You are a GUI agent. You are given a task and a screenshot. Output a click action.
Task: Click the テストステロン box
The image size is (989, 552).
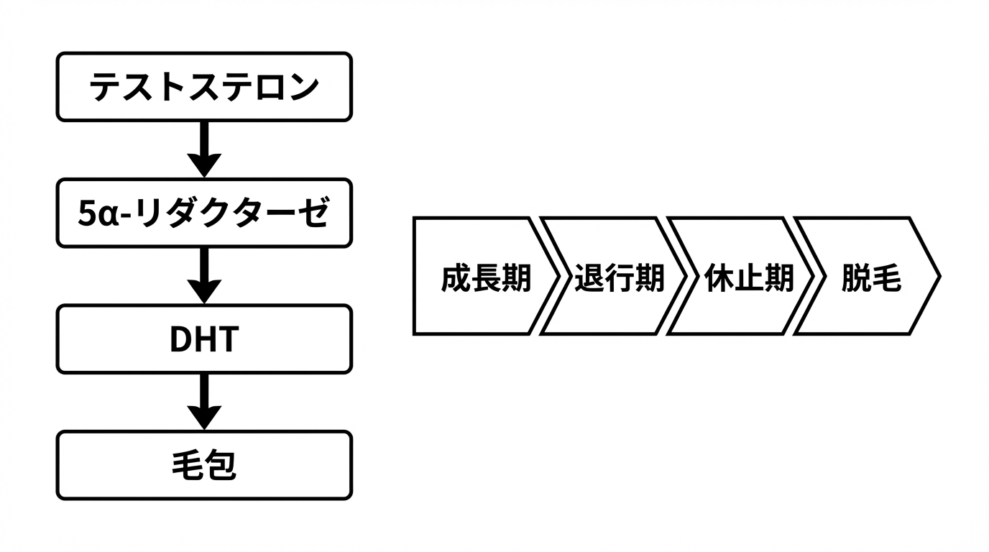[x=204, y=86]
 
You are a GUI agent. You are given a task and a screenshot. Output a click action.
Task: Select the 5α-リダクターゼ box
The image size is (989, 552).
[x=204, y=213]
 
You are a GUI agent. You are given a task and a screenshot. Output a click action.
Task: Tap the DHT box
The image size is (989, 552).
[x=204, y=339]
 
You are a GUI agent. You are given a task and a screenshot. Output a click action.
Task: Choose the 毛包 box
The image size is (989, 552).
[x=204, y=465]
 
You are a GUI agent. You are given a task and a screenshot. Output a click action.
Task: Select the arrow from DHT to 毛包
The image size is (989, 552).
[x=204, y=401]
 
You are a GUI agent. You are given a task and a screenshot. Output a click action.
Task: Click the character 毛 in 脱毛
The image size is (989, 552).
[x=887, y=278]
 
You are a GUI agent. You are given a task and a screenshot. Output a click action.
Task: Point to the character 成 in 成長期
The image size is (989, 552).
[x=456, y=278]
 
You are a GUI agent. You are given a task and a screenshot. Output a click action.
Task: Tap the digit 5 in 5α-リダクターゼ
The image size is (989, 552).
[x=86, y=214]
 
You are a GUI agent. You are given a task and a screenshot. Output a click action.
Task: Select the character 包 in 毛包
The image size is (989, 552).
[x=221, y=466]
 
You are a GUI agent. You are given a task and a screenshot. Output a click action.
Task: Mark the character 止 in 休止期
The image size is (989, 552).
[x=749, y=278]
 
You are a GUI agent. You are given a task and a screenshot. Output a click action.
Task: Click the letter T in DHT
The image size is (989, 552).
[x=226, y=340]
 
